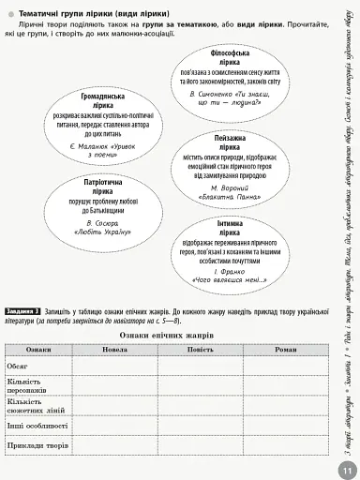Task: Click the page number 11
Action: pos(346,469)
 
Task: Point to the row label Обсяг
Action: pos(18,365)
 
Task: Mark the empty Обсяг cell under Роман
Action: pos(285,365)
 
